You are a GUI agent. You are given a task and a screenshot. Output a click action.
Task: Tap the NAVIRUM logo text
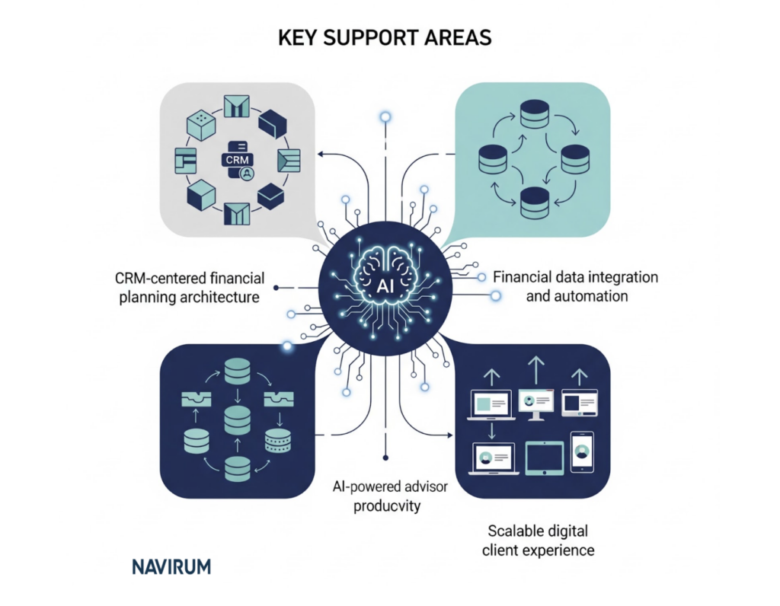pos(171,566)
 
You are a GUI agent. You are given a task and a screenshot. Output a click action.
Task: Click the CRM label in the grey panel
pos(236,160)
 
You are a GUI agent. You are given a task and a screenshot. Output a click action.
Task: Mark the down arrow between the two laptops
pos(493,431)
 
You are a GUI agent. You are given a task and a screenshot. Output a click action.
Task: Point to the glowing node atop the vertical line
pos(386,116)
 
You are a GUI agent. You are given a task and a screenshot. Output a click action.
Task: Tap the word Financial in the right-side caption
pos(523,277)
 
